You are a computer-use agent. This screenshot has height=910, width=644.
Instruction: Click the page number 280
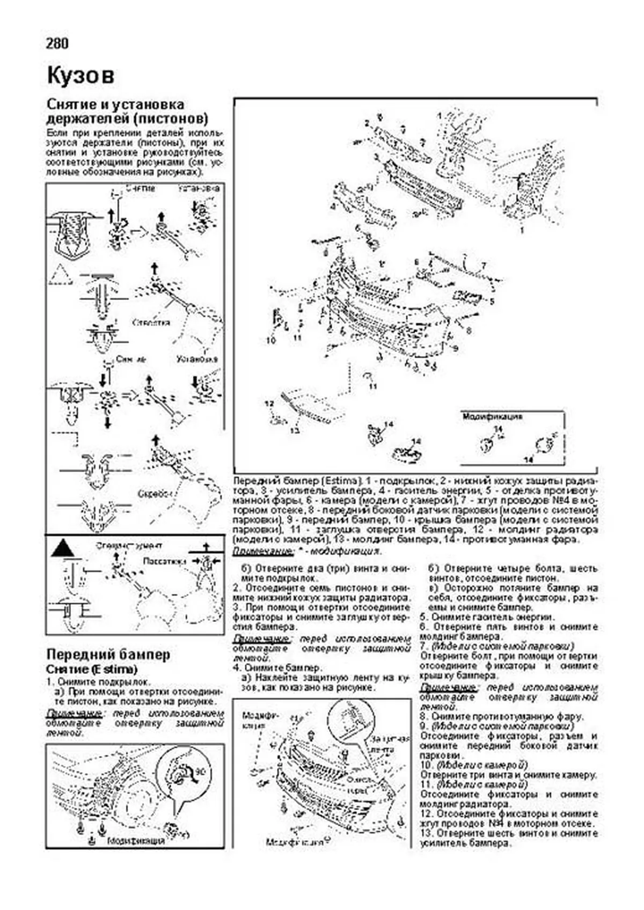57,43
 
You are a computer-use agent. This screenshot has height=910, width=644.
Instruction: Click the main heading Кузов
80,76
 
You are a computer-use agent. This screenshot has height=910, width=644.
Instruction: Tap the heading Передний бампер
108,655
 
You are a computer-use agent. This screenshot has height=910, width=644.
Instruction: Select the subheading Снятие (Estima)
92,669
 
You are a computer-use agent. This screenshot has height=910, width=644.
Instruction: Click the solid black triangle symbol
63,548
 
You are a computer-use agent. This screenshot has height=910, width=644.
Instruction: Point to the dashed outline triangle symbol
60,275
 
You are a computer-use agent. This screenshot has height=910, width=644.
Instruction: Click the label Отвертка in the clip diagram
152,322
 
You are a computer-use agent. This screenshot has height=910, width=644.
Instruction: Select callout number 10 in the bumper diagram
270,340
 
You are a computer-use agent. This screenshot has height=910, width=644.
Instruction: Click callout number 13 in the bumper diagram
295,430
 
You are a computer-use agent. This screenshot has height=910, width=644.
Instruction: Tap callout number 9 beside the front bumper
455,349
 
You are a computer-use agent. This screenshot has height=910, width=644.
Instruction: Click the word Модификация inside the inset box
493,416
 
